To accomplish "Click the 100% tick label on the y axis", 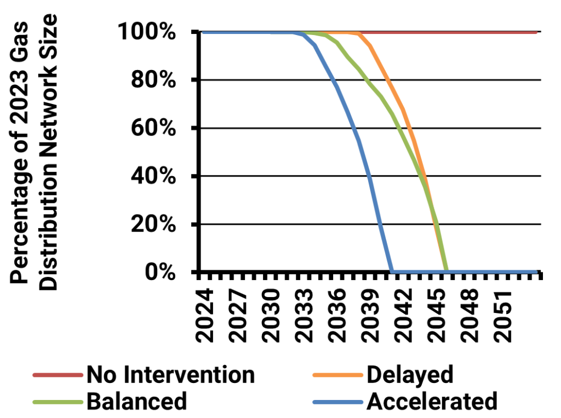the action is click(147, 31).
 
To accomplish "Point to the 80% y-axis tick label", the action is click(153, 79).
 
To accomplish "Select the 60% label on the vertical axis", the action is click(153, 127).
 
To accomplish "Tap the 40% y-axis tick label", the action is click(153, 176).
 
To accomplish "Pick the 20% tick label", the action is click(153, 224).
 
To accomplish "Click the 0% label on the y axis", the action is click(161, 272).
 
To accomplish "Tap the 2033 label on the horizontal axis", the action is click(305, 316).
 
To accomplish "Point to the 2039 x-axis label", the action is click(371, 316).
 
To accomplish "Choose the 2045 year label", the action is click(437, 316).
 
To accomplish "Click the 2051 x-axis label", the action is click(503, 316).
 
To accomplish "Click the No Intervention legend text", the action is click(171, 375).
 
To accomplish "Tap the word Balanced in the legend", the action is click(136, 401).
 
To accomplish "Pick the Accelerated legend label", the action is click(432, 401).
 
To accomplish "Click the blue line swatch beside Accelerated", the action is click(338, 402).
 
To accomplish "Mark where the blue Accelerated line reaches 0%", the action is click(392, 272).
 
